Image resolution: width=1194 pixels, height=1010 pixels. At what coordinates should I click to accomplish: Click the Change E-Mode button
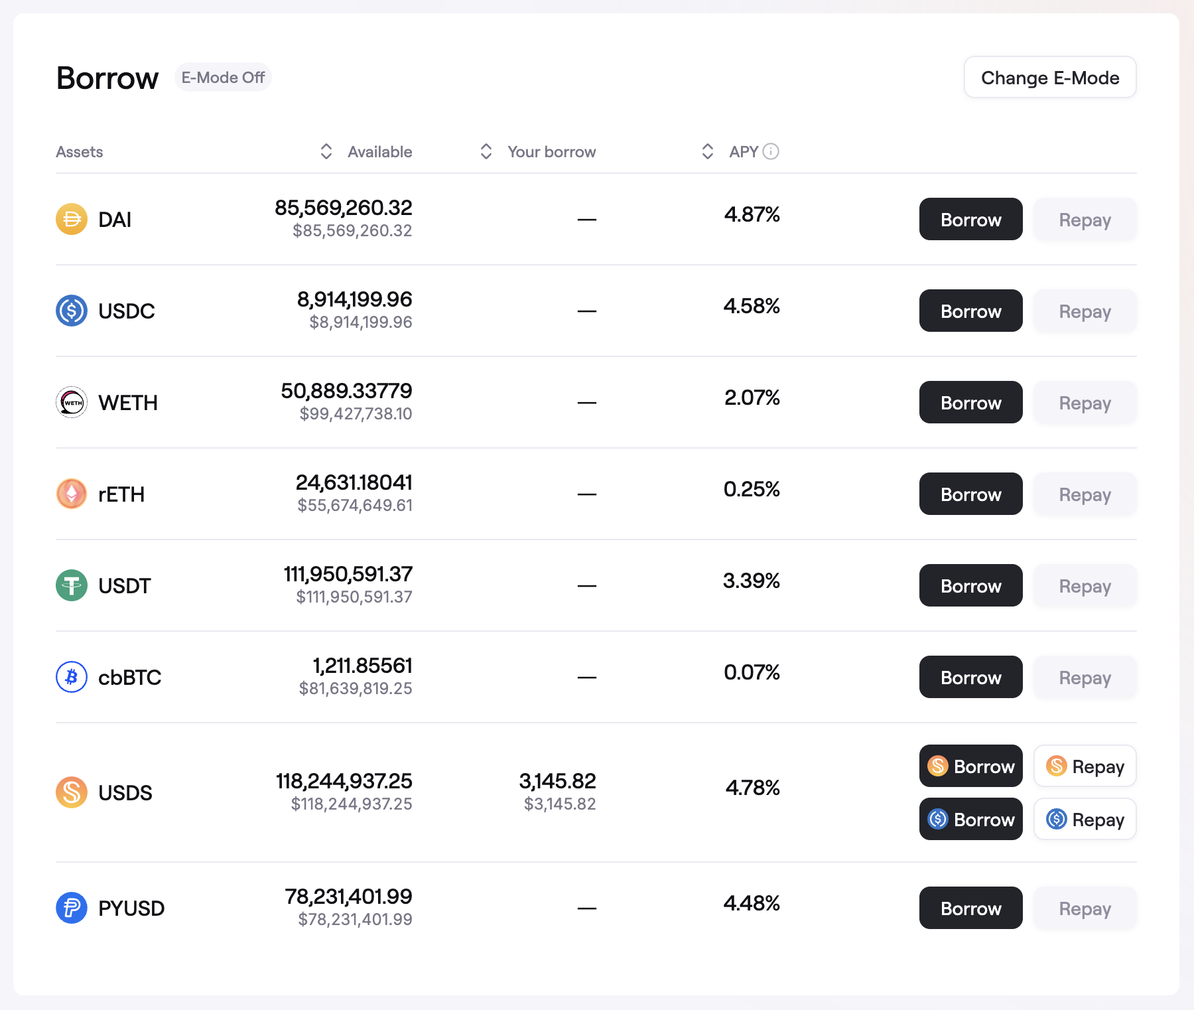coord(1049,78)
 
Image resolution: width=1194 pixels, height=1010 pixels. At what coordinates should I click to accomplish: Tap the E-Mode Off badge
coord(223,78)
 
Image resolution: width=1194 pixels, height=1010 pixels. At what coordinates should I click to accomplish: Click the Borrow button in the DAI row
coord(970,220)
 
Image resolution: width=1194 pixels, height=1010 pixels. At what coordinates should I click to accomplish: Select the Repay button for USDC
coord(1085,311)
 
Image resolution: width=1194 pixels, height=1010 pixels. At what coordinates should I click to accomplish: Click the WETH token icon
coord(72,402)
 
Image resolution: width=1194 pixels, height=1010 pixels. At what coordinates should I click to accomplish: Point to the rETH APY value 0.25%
coord(752,490)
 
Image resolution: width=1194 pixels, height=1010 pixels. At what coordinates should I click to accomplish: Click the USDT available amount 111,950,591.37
coord(348,574)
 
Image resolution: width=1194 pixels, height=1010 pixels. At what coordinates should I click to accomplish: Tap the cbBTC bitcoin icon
coord(72,677)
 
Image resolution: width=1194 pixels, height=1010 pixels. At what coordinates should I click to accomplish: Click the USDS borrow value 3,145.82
coord(557,781)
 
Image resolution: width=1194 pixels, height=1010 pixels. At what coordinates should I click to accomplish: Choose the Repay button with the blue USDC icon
coord(1085,820)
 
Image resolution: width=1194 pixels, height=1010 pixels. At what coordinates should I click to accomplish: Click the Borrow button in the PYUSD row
coord(970,908)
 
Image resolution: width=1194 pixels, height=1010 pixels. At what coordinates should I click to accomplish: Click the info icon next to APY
coord(771,152)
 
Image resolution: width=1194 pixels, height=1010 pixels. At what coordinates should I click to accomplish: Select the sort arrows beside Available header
coord(326,152)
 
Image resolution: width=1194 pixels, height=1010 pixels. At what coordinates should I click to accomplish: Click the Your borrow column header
coord(551,152)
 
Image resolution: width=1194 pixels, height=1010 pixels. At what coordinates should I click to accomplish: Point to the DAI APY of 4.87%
coord(752,215)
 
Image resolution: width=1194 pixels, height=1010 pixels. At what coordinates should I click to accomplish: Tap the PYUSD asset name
coord(131,908)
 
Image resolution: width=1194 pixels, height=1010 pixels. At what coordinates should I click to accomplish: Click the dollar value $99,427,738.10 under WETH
coord(356,414)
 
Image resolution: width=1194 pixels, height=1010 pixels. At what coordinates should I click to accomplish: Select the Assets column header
coord(80,152)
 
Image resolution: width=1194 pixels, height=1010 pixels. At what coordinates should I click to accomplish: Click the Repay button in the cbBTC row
coord(1085,678)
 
